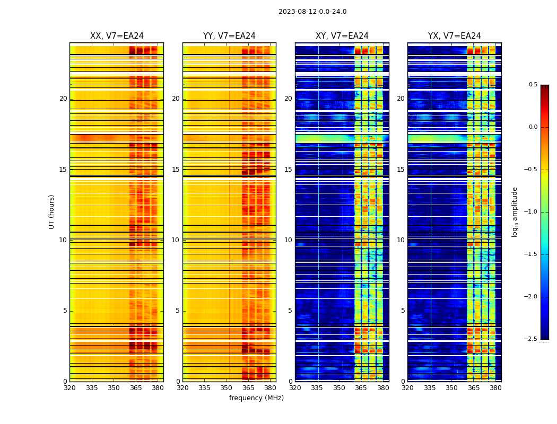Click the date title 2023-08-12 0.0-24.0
point(312,12)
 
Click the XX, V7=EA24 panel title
point(117,36)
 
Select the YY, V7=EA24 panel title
point(229,36)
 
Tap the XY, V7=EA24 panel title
point(342,36)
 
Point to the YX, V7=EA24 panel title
point(455,36)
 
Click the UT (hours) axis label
point(51,211)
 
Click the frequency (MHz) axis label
point(256,398)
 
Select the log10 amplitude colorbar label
point(515,211)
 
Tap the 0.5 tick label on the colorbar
point(533,85)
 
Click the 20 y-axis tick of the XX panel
point(63,99)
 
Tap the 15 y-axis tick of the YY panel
point(176,170)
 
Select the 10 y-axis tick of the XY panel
point(289,240)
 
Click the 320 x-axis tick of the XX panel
point(69,388)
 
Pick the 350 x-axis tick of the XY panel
point(339,388)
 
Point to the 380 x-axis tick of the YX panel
point(495,388)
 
